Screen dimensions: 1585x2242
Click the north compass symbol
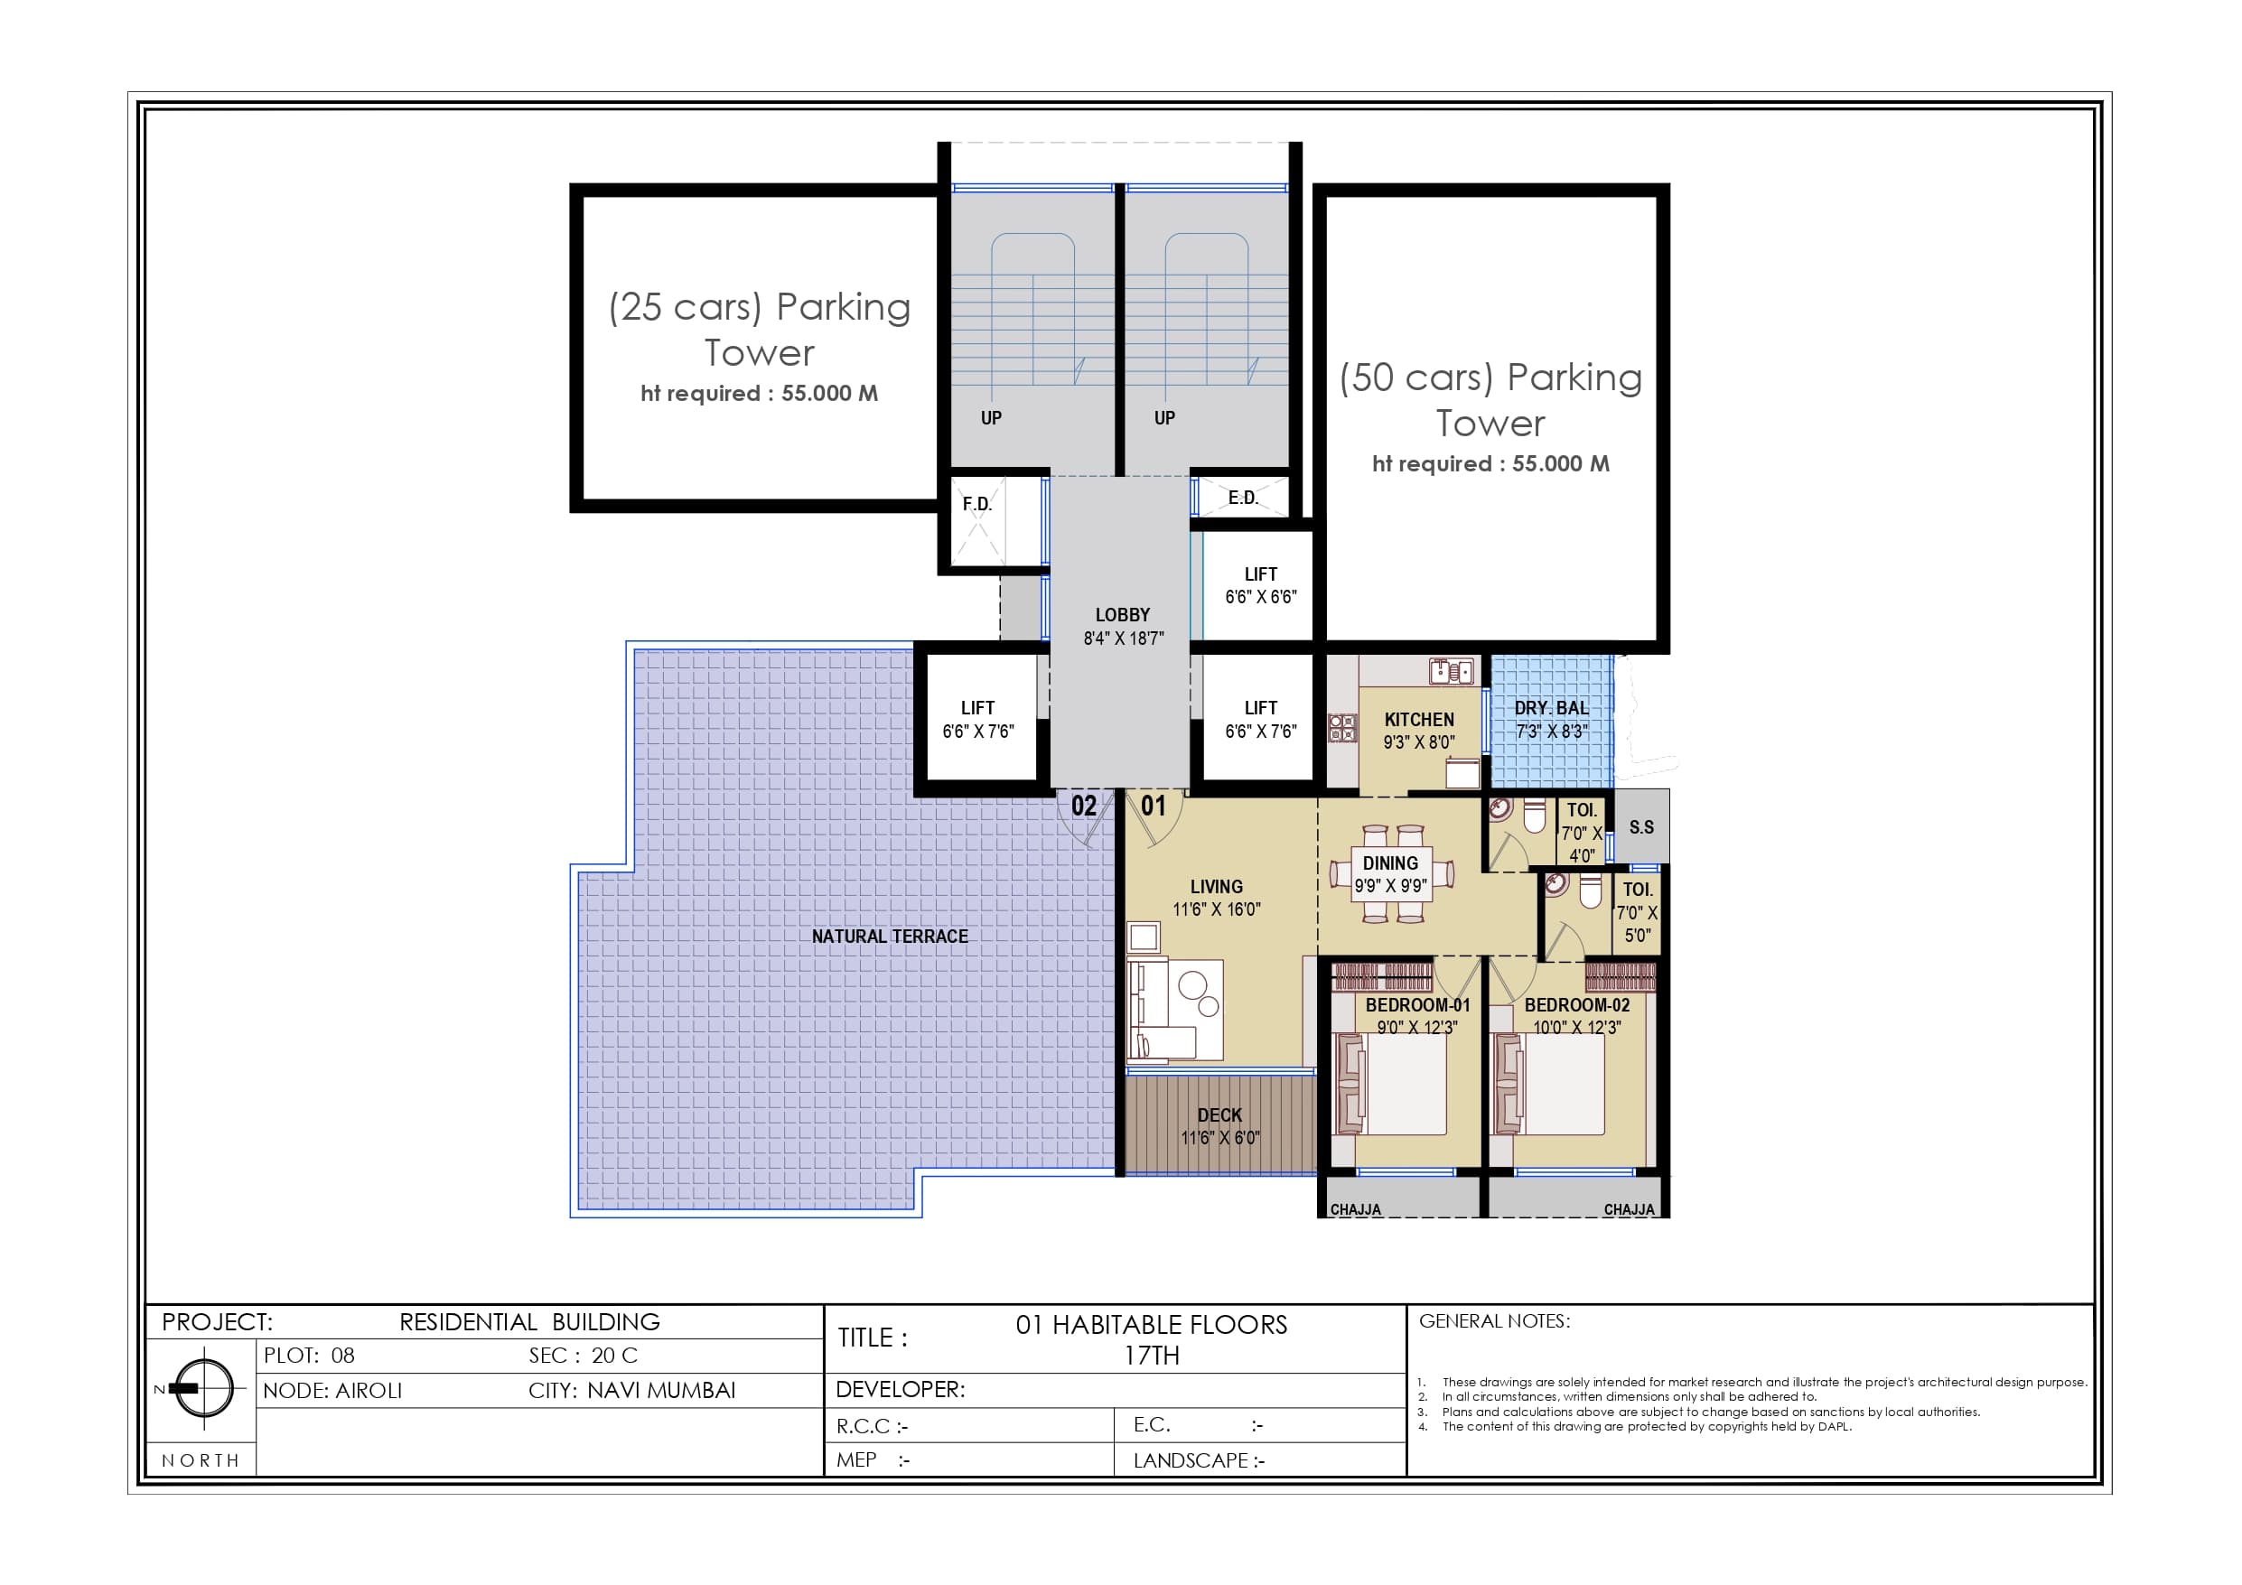tap(203, 1388)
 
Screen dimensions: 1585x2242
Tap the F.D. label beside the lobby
tap(976, 504)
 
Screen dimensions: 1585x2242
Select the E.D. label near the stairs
tap(1242, 498)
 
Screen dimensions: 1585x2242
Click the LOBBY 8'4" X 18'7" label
tap(1123, 626)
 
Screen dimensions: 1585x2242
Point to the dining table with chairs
tap(1390, 874)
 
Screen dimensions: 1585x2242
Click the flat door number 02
tap(1083, 806)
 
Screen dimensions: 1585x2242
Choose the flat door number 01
tap(1154, 806)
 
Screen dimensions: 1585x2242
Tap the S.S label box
tap(1641, 827)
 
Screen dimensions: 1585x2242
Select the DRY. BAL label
tap(1551, 708)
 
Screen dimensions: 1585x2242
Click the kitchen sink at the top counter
tap(1450, 671)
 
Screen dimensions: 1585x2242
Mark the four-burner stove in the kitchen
tap(1342, 728)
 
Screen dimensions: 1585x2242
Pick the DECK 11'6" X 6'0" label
tap(1219, 1126)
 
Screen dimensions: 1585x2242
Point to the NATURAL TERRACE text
tap(890, 937)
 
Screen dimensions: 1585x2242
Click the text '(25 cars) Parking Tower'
tap(760, 329)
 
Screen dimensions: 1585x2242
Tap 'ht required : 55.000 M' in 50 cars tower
tap(1490, 464)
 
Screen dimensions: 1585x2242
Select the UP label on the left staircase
tap(991, 418)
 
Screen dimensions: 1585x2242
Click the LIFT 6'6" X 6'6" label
tap(1261, 585)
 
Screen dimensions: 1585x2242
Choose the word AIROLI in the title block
tap(369, 1391)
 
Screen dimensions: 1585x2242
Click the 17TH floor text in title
tap(1152, 1356)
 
